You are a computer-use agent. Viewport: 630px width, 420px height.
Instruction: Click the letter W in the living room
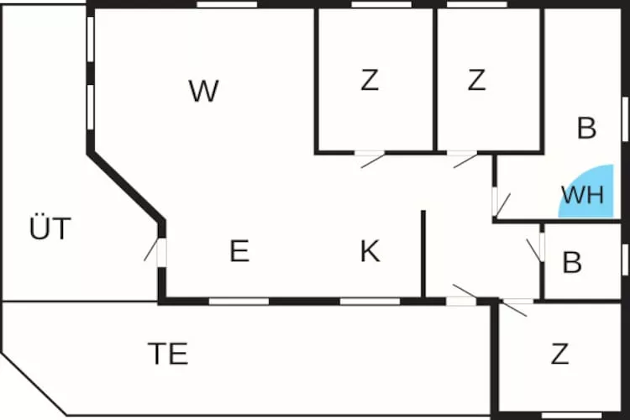pos(203,91)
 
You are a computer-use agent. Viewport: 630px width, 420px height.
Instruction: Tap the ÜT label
pos(50,228)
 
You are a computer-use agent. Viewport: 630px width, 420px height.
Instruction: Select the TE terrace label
pos(167,354)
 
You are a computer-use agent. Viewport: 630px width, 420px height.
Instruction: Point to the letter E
pos(239,251)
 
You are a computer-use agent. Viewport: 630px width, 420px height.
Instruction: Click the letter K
pos(370,251)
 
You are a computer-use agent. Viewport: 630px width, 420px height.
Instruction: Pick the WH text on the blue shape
pos(582,195)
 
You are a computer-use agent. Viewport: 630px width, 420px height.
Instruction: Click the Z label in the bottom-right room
pos(559,354)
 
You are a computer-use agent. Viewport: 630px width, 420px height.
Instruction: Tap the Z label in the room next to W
pos(370,81)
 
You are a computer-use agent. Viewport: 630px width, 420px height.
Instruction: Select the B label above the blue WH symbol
pos(586,129)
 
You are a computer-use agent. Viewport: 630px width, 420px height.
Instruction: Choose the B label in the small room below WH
pos(572,263)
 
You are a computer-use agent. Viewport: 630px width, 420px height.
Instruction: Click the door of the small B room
pos(540,247)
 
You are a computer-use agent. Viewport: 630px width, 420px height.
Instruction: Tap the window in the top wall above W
pos(227,5)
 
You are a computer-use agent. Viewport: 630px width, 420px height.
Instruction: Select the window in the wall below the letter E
pos(239,301)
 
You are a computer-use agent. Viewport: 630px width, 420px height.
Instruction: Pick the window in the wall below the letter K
pos(370,301)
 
